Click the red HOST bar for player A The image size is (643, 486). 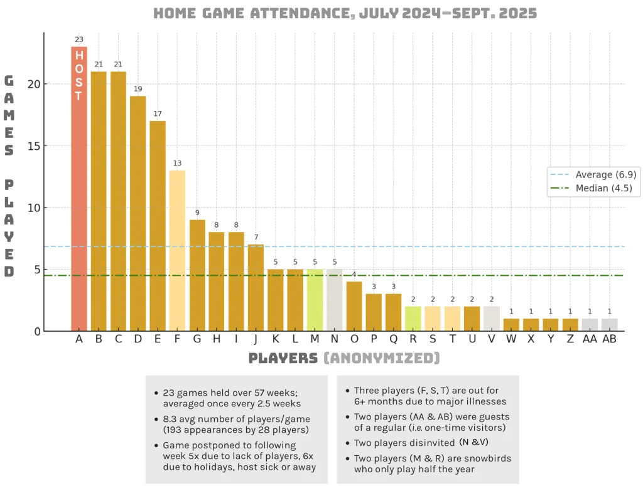click(x=79, y=188)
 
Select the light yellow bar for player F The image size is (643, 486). click(x=177, y=251)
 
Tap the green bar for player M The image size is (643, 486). click(x=315, y=300)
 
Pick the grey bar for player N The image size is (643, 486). click(x=334, y=300)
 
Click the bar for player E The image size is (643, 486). click(x=158, y=226)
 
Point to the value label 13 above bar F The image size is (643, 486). click(x=177, y=164)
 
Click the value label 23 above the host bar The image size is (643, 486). click(x=79, y=40)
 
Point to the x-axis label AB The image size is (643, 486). click(x=609, y=339)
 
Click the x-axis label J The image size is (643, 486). click(x=256, y=339)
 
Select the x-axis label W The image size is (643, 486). click(x=511, y=339)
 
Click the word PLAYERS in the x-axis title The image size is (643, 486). click(x=283, y=358)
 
